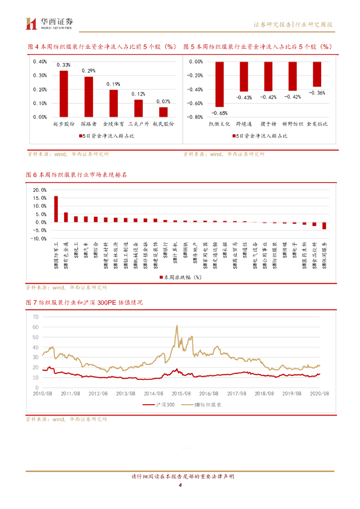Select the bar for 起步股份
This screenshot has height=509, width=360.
point(64,93)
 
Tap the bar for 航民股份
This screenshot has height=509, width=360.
point(163,112)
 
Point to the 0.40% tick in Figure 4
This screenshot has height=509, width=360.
point(40,62)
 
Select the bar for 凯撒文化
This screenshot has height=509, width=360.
point(219,85)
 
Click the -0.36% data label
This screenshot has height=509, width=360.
point(317,93)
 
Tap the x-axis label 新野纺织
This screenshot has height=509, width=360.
point(292,123)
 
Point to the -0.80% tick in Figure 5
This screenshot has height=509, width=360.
point(195,117)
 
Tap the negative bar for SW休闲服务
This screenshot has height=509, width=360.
point(324,226)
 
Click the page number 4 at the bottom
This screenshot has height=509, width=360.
point(180,485)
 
